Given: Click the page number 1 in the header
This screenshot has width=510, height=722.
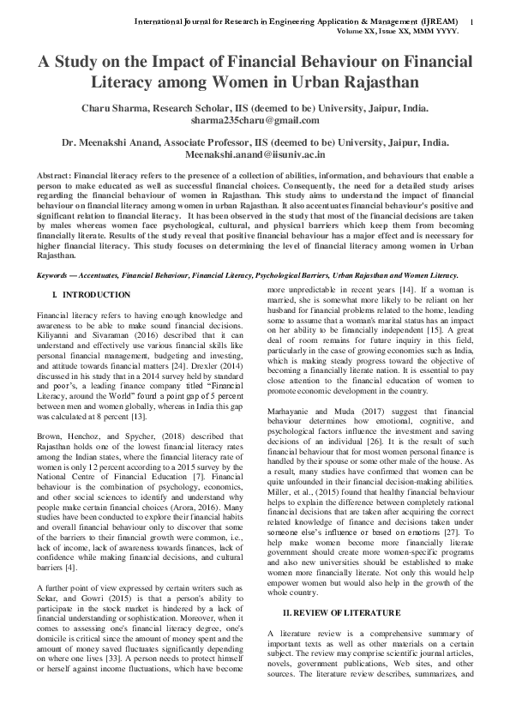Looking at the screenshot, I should pyautogui.click(x=473, y=20).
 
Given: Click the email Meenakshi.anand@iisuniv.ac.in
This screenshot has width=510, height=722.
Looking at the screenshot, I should pyautogui.click(x=255, y=155).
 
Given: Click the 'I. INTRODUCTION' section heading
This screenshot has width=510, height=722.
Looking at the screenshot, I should pyautogui.click(x=91, y=294).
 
